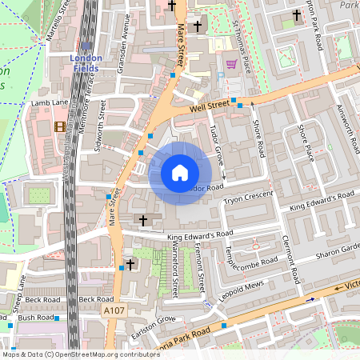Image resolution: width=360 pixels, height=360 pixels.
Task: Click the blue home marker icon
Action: coord(180,172)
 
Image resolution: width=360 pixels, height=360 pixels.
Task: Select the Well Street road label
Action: coord(210,105)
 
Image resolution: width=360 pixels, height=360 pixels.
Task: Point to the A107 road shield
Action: coord(114,309)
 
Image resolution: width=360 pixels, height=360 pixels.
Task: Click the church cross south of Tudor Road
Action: coord(144,220)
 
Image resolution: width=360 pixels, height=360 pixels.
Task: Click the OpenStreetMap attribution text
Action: coord(81,354)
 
